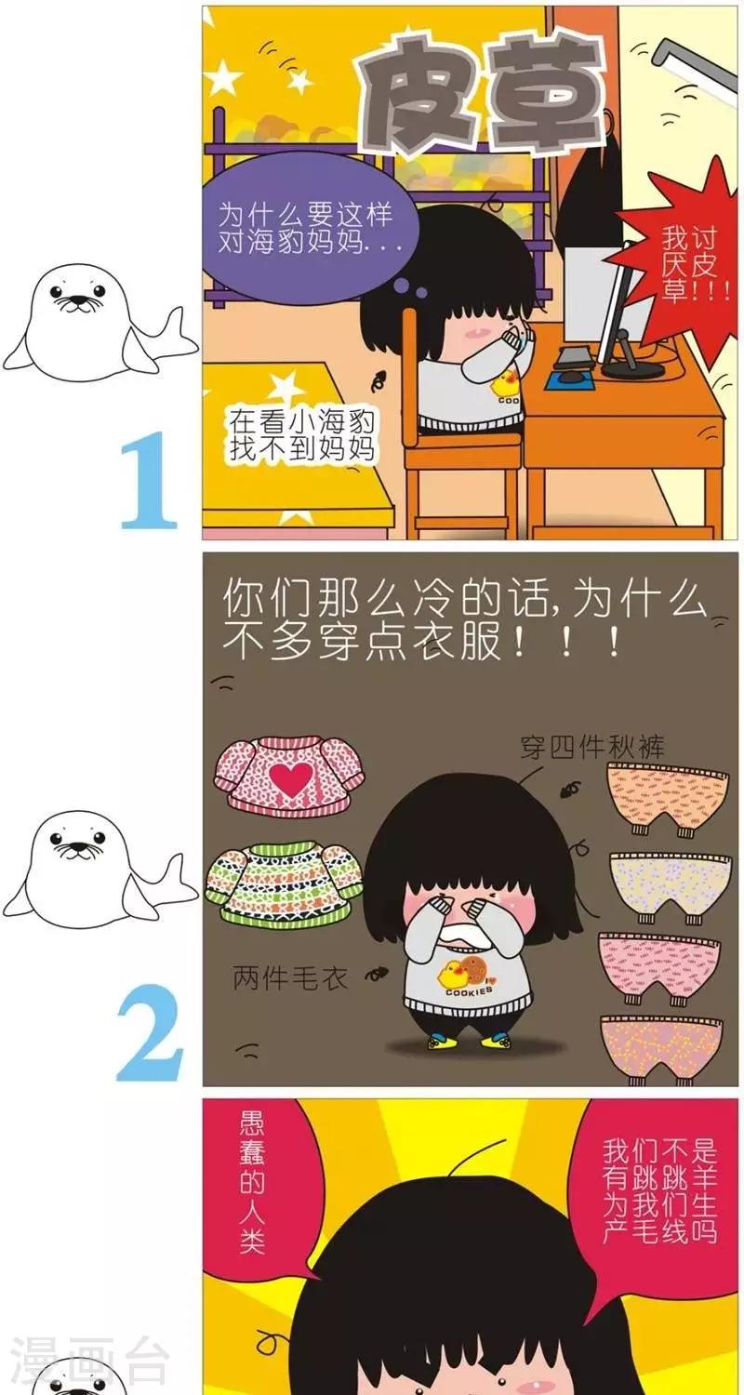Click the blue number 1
[149, 479]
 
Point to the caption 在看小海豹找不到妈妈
[302, 434]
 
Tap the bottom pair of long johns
[660, 1046]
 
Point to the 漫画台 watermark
[88, 1364]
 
